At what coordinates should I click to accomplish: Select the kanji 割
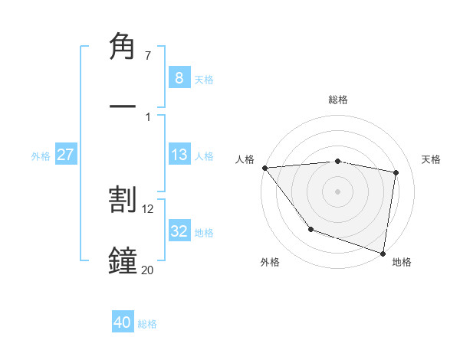coord(123,200)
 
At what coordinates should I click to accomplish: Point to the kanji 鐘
coord(123,261)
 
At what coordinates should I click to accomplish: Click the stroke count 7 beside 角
coord(148,55)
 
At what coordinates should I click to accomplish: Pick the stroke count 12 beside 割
coord(149,208)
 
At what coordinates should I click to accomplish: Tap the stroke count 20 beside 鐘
coord(148,270)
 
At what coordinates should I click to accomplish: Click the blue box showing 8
coord(179,78)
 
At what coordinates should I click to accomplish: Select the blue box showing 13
coord(179,155)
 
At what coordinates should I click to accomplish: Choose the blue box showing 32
coord(179,231)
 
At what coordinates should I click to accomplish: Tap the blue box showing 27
coord(65,155)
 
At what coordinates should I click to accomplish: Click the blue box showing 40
coord(123,323)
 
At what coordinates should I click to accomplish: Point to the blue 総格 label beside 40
coord(147,324)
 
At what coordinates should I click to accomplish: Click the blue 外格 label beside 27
coord(41,155)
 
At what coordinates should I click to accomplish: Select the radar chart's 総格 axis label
coord(338,100)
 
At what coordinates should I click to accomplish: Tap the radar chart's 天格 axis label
coord(432,159)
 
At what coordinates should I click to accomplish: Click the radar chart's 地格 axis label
coord(402,262)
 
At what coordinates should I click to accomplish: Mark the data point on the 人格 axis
coord(264,168)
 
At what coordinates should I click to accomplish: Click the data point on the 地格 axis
coord(383,253)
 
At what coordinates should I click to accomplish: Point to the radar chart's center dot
coord(337,191)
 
